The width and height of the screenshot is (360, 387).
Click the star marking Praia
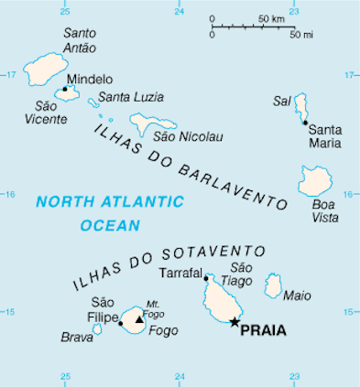pyautogui.click(x=235, y=322)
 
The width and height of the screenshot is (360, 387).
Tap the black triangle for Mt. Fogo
pyautogui.click(x=138, y=320)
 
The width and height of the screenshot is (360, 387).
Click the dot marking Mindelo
pyautogui.click(x=65, y=89)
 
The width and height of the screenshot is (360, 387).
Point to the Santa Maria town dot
pyautogui.click(x=303, y=122)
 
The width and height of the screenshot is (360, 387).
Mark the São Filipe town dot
pyautogui.click(x=121, y=323)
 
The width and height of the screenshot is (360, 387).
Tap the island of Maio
pyautogui.click(x=273, y=286)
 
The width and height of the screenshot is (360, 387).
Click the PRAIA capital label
pyautogui.click(x=263, y=330)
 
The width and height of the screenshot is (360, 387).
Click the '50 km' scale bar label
pyautogui.click(x=272, y=18)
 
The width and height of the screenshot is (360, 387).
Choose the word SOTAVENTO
pyautogui.click(x=220, y=253)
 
